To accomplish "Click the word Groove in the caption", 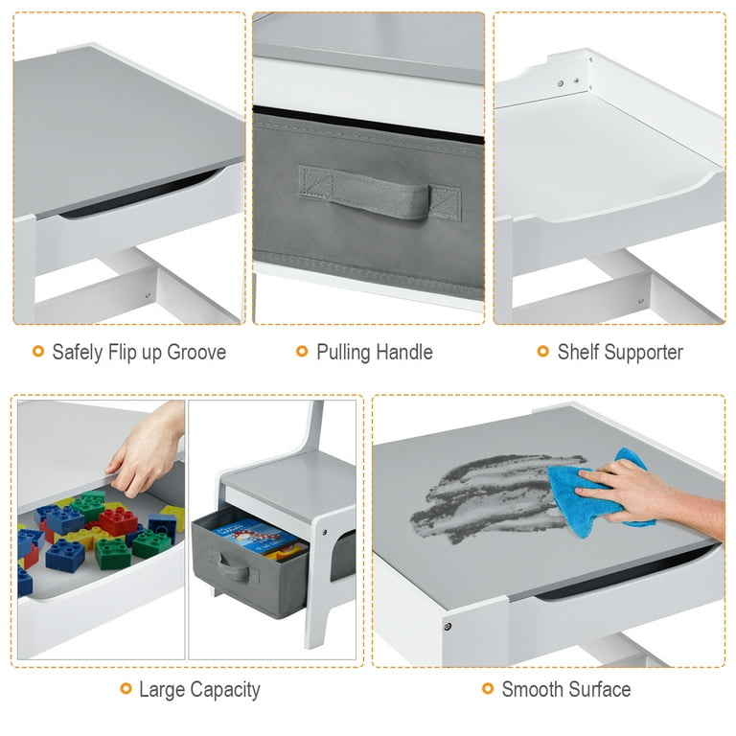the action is pyautogui.click(x=196, y=352).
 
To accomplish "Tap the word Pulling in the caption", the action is pyautogui.click(x=343, y=353).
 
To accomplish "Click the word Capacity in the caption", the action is pyautogui.click(x=225, y=690).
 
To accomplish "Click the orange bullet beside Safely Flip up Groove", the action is pyautogui.click(x=38, y=351).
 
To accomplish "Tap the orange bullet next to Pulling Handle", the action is pyautogui.click(x=302, y=351).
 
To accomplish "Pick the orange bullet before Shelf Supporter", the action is pyautogui.click(x=542, y=351).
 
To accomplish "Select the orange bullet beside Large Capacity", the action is pyautogui.click(x=126, y=689).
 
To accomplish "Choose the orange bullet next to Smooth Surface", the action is pyautogui.click(x=488, y=689).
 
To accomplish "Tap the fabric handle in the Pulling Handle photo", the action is pyautogui.click(x=380, y=194).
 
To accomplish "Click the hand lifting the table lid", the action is pyautogui.click(x=147, y=448).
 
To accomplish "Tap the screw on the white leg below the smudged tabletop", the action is pyautogui.click(x=448, y=626).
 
